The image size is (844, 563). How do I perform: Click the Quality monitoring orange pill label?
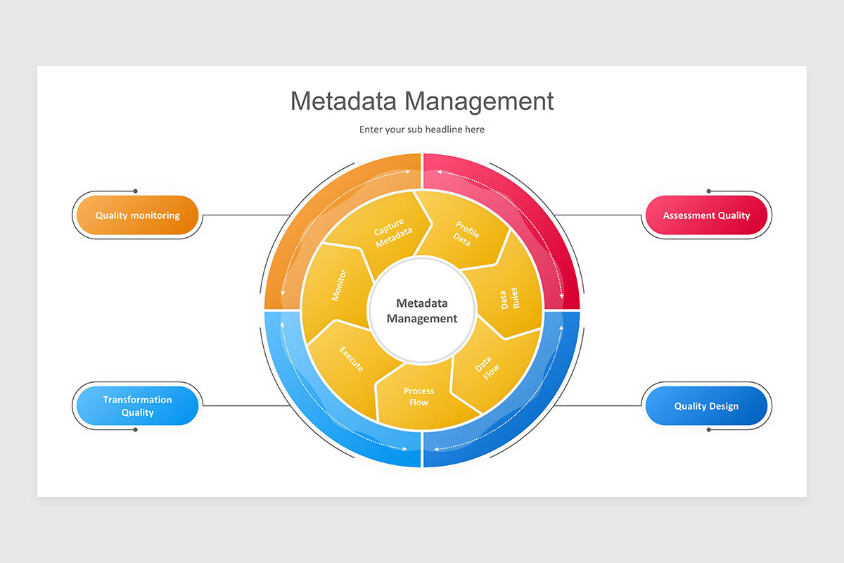(137, 215)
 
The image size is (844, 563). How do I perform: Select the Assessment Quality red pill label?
(706, 215)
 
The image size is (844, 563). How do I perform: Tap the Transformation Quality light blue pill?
(137, 405)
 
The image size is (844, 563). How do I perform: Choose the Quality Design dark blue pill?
(706, 405)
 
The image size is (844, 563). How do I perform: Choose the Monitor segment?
(336, 285)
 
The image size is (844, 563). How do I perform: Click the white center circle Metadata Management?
(422, 310)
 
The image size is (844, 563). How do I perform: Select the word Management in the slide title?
(478, 101)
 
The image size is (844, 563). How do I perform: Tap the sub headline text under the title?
(422, 129)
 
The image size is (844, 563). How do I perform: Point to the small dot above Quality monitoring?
(135, 191)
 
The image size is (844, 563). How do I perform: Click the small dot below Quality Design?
(708, 429)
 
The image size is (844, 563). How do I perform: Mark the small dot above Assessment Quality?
(708, 191)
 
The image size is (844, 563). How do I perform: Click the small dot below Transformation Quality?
(135, 429)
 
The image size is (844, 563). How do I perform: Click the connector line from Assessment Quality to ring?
(598, 215)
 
